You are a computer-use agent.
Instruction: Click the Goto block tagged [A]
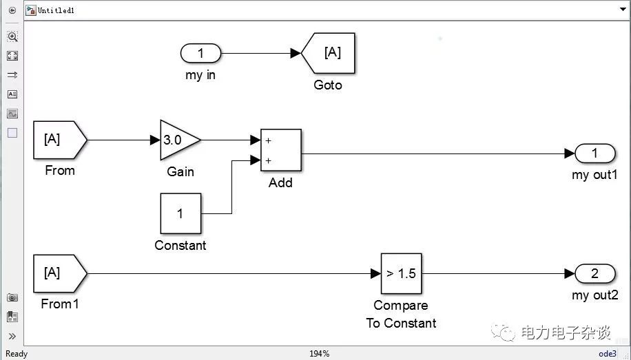pyautogui.click(x=330, y=53)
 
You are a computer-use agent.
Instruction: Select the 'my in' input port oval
pyautogui.click(x=200, y=53)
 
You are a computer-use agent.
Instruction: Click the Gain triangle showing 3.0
pyautogui.click(x=176, y=140)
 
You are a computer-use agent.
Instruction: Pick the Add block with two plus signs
pyautogui.click(x=280, y=149)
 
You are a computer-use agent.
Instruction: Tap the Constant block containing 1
pyautogui.click(x=180, y=213)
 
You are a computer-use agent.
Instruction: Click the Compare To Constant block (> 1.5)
pyautogui.click(x=401, y=274)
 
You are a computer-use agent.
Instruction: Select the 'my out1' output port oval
pyautogui.click(x=595, y=153)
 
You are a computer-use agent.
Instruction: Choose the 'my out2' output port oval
pyautogui.click(x=595, y=274)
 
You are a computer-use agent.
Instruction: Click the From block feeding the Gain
pyautogui.click(x=58, y=140)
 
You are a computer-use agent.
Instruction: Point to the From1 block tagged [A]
pyautogui.click(x=58, y=273)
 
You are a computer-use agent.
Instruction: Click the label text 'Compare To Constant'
pyautogui.click(x=401, y=314)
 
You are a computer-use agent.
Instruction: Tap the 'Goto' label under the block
pyautogui.click(x=328, y=85)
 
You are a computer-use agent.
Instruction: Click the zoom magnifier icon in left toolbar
pyautogui.click(x=12, y=36)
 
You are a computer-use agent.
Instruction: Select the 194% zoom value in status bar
pyautogui.click(x=319, y=354)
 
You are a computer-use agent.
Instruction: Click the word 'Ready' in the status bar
pyautogui.click(x=17, y=354)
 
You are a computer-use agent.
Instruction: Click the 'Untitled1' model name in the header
pyautogui.click(x=56, y=11)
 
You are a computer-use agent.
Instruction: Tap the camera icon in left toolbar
pyautogui.click(x=12, y=297)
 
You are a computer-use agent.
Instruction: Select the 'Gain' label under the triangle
pyautogui.click(x=180, y=171)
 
